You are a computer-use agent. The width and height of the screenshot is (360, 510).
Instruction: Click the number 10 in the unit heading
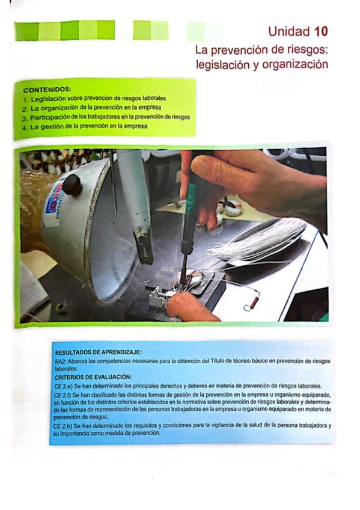click(x=321, y=31)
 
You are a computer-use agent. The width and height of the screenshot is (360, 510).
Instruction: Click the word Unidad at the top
click(x=289, y=31)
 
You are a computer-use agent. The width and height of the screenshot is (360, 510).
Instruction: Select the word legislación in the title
click(x=223, y=65)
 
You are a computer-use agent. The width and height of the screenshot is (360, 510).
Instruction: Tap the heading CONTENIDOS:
click(x=47, y=90)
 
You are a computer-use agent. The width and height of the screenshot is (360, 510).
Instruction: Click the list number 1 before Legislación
click(x=25, y=98)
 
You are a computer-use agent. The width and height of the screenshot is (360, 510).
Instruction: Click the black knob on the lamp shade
click(x=72, y=185)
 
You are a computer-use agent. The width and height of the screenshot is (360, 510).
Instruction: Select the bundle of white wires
click(x=260, y=241)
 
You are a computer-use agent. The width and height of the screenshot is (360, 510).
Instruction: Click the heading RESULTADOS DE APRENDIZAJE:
click(x=98, y=352)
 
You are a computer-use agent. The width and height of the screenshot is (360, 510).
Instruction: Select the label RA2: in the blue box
click(x=61, y=361)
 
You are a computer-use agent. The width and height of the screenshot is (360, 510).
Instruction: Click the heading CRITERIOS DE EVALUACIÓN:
click(x=93, y=377)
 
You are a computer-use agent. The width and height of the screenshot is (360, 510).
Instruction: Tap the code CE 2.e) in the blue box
click(x=64, y=386)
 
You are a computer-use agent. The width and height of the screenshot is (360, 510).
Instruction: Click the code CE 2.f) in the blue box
click(x=63, y=395)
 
